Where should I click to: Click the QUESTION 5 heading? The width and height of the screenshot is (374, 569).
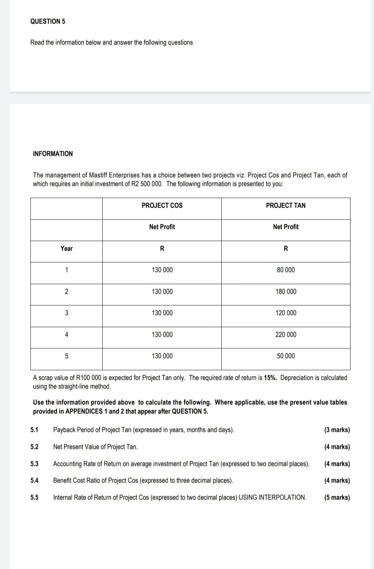[x=48, y=21]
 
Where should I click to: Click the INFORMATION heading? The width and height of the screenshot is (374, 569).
[x=53, y=154]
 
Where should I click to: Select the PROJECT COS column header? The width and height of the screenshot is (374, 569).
[x=162, y=205]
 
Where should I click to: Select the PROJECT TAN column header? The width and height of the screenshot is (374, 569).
[x=286, y=205]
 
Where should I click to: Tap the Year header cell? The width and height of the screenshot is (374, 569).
[x=67, y=249]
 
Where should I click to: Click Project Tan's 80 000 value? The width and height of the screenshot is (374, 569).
[x=286, y=270]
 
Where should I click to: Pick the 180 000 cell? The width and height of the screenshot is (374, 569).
[x=286, y=292]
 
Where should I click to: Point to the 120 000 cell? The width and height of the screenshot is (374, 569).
[x=286, y=313]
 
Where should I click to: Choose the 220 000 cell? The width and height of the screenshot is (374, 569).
[x=286, y=335]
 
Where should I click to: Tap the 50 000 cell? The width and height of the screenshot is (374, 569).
[x=286, y=356]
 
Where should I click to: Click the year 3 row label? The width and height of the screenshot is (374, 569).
[x=67, y=313]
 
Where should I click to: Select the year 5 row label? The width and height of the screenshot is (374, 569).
[x=67, y=356]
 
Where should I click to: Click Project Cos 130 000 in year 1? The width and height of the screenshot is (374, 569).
[x=162, y=270]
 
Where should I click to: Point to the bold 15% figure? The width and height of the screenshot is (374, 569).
[x=270, y=378]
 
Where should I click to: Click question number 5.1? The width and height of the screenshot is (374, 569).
[x=34, y=430]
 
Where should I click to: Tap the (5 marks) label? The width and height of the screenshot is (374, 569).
[x=337, y=497]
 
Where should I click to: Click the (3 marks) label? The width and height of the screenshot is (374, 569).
[x=337, y=430]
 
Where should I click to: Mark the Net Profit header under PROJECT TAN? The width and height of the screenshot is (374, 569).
[x=286, y=227]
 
